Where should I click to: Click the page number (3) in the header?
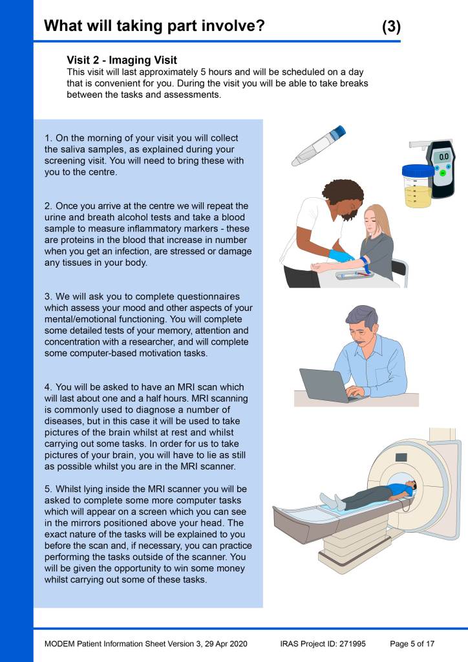tap(391, 27)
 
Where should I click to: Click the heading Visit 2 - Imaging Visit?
tap(122, 60)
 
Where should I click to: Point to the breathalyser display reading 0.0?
tap(443, 156)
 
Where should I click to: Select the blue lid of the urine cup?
tap(418, 170)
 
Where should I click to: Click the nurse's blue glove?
tap(342, 255)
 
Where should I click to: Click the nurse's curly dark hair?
tap(343, 195)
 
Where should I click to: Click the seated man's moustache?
tap(359, 341)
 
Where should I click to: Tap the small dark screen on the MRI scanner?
tap(401, 457)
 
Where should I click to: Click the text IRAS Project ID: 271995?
tap(323, 644)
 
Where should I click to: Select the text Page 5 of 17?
tap(412, 644)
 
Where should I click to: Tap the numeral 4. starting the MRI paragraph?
tap(48, 387)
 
